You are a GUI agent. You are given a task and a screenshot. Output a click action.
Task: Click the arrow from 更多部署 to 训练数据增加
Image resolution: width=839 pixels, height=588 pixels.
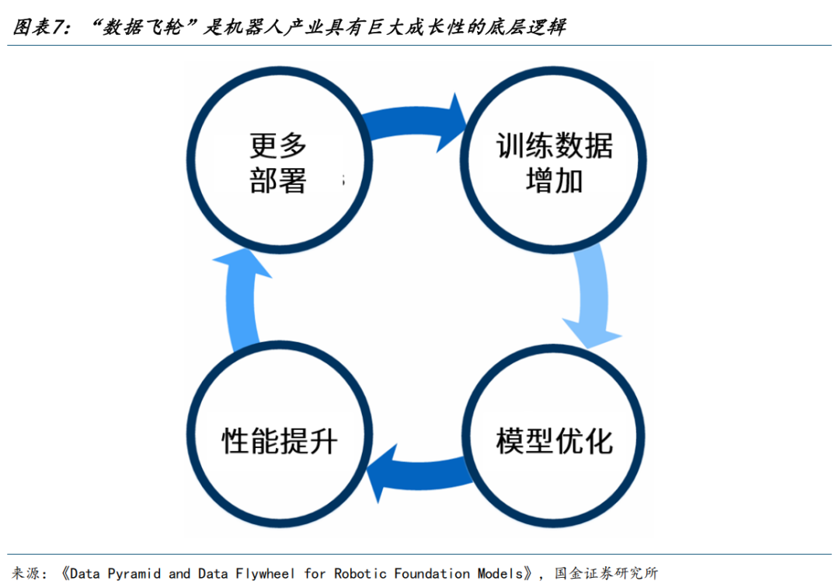pyautogui.click(x=412, y=121)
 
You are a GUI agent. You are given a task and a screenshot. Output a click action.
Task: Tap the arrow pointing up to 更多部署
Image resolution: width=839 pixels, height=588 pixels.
pyautogui.click(x=239, y=300)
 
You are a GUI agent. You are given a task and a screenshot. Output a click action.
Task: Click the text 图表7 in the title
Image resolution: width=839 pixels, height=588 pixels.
pyautogui.click(x=39, y=26)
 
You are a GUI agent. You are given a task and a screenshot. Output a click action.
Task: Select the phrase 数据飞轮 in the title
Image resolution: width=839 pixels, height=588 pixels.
pyautogui.click(x=143, y=26)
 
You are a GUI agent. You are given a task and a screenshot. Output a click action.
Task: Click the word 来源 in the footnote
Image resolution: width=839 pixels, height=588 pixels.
pyautogui.click(x=26, y=573)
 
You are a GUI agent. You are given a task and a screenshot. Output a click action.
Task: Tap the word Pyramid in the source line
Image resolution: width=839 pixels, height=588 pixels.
pyautogui.click(x=134, y=573)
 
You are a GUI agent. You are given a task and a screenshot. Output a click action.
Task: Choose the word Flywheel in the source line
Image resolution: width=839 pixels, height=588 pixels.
pyautogui.click(x=266, y=573)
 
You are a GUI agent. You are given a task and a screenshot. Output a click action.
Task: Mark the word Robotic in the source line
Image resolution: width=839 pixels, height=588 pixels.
pyautogui.click(x=360, y=573)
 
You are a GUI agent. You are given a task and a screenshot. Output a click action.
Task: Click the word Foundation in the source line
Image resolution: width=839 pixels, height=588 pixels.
pyautogui.click(x=432, y=573)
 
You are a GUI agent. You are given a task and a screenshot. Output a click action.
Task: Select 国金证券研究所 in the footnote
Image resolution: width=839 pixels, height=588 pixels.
pyautogui.click(x=606, y=573)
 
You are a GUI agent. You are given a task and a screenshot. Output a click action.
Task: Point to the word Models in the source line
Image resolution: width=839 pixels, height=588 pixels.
pyautogui.click(x=500, y=573)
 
